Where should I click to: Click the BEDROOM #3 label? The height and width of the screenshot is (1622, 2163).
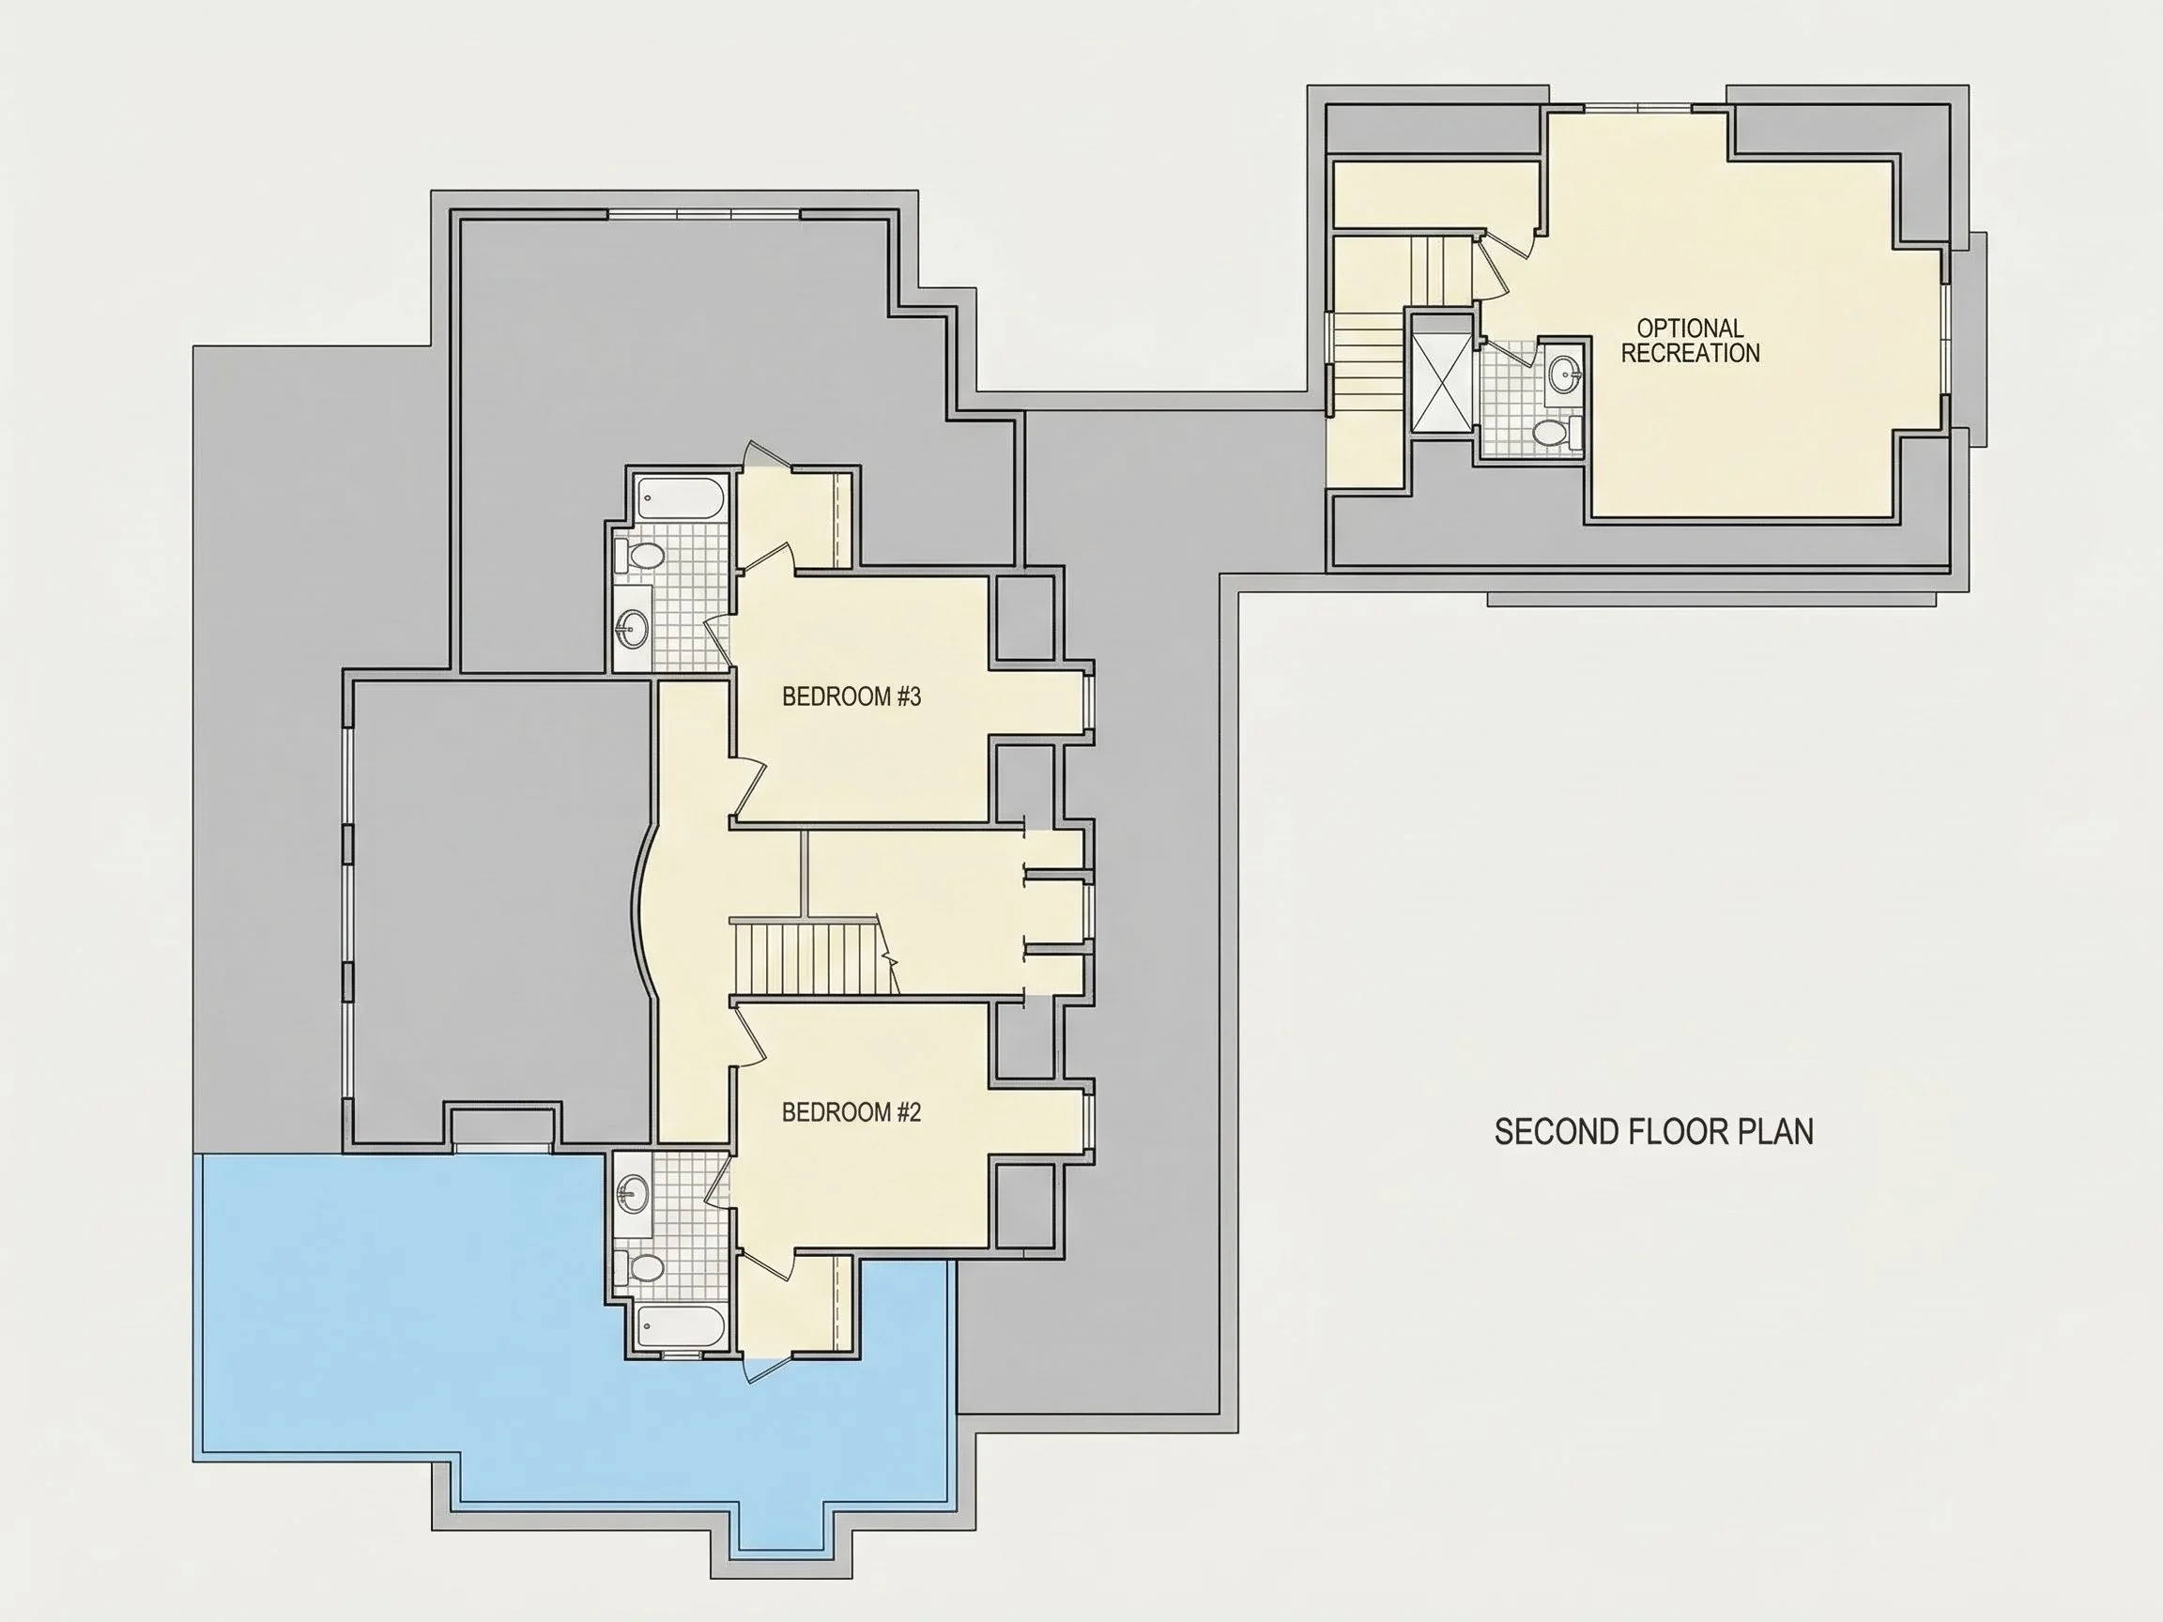[x=851, y=696]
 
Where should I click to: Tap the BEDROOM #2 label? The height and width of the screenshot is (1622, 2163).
[x=851, y=1111]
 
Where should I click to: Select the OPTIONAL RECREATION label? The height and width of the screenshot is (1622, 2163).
[x=1690, y=340]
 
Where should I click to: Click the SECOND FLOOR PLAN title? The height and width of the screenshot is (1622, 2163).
[x=1653, y=1131]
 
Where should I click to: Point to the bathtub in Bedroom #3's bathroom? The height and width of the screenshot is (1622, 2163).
[x=682, y=499]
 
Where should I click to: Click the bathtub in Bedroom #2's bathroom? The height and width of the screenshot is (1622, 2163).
[x=682, y=1326]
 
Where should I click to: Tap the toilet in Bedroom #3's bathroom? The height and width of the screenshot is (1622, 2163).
[x=640, y=557]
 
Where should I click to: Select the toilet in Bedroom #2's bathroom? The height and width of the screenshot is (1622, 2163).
[x=640, y=1267]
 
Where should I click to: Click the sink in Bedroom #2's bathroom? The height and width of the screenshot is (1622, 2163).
[x=633, y=1194]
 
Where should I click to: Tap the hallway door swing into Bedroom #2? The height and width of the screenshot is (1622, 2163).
[x=748, y=1038]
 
